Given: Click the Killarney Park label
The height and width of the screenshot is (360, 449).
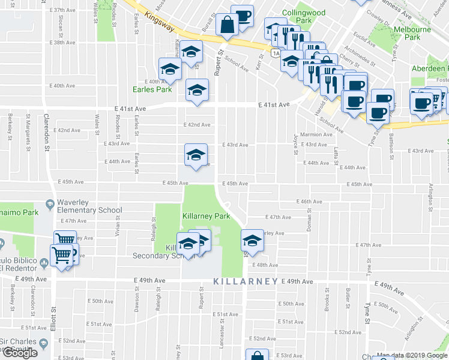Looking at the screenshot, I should pyautogui.click(x=206, y=216).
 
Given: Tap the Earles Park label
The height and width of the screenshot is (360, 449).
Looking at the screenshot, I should pyautogui.click(x=152, y=90).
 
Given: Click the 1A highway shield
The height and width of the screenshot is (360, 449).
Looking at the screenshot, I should pyautogui.click(x=276, y=53).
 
